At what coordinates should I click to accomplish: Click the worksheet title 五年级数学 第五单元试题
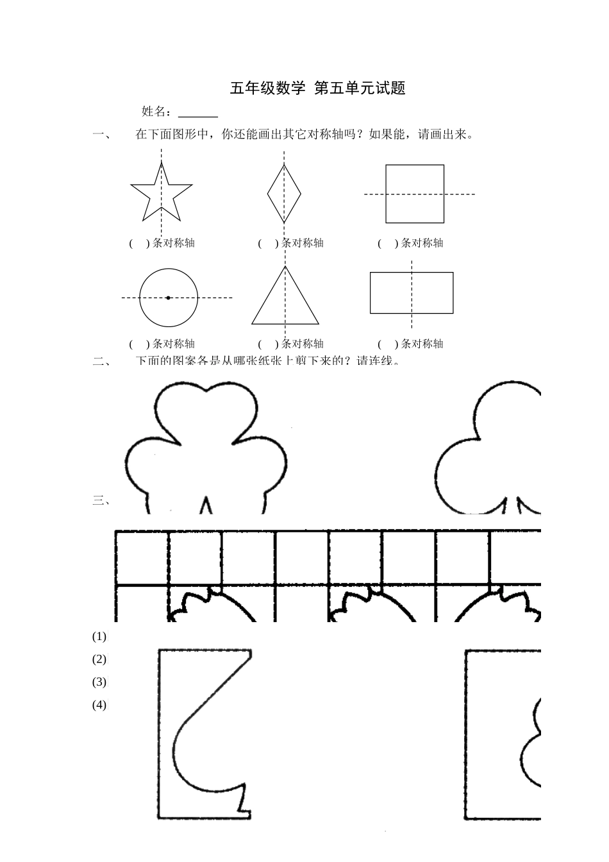click(317, 89)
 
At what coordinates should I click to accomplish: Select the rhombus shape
click(284, 193)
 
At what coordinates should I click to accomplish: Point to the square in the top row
click(414, 194)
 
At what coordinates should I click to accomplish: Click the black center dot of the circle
click(168, 298)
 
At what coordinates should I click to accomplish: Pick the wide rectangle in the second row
click(412, 292)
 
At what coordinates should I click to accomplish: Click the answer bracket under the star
click(139, 243)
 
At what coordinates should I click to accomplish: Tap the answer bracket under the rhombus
click(268, 243)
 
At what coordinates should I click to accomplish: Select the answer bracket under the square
click(388, 243)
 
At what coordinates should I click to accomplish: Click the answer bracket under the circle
click(139, 344)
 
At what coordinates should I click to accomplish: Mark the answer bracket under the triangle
click(268, 344)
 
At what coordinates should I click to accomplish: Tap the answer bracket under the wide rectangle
click(388, 344)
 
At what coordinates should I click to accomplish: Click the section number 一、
click(102, 135)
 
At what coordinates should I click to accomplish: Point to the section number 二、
click(102, 361)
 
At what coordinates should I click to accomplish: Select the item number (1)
click(99, 637)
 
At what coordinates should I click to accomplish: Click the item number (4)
click(99, 705)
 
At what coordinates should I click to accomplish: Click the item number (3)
click(99, 682)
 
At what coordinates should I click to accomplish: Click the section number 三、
click(102, 501)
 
